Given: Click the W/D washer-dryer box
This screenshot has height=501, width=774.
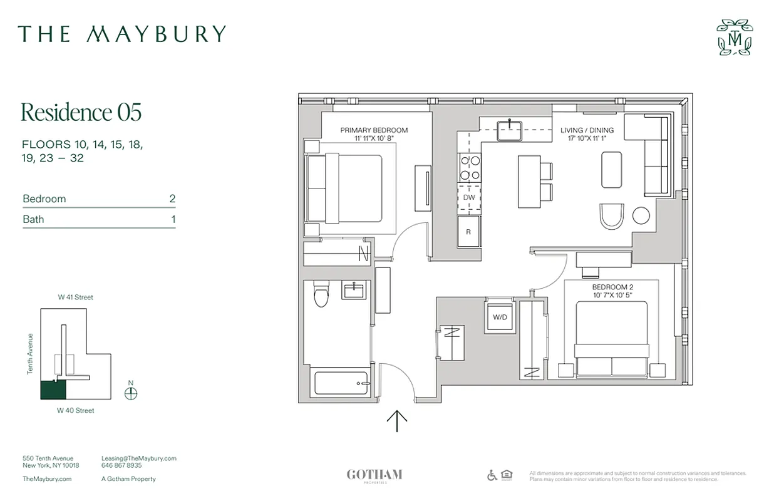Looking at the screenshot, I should pos(500,318).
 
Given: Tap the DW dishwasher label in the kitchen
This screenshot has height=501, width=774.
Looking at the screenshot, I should pos(469,197).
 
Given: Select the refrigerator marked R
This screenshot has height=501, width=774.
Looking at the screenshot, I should pos(468,232).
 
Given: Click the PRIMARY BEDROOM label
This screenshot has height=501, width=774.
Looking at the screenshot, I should pos(374,130).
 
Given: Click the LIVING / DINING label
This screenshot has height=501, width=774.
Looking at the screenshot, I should pos(587,130).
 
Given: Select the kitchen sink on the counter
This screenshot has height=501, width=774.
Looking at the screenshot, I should pos(510,131).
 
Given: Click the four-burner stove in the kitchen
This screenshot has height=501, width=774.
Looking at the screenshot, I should pos(469,168).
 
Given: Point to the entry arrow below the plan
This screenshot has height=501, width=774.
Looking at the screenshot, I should pos(397,421).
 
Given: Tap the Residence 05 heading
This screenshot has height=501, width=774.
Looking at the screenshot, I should pos(81,112).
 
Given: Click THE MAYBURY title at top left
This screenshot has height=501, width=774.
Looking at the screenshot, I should pos(122,34).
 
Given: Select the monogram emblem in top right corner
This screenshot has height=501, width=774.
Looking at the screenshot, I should pos(735,38).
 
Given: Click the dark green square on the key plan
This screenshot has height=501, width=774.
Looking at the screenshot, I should pos(53,390).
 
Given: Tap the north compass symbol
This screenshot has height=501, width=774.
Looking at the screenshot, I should pos(130,393).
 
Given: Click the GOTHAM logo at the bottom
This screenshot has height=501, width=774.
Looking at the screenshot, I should pos(374,475).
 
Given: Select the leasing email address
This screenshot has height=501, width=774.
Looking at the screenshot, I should pos(138,458).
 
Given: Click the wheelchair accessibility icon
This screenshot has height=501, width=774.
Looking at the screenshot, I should pos(492,475).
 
